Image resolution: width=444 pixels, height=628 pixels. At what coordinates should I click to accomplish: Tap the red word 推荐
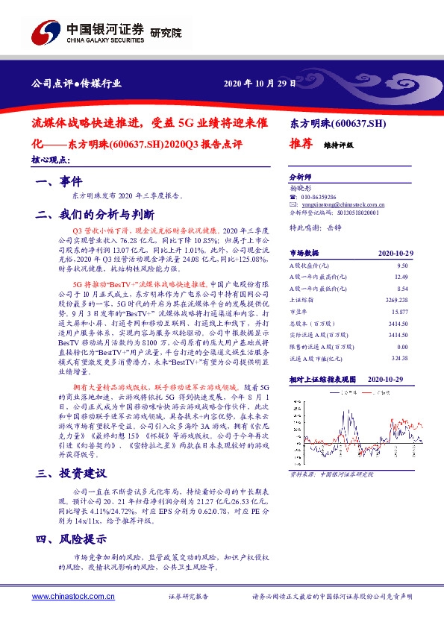click(300, 146)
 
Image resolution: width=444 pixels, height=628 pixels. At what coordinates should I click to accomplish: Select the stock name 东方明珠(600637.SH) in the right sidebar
click(337, 122)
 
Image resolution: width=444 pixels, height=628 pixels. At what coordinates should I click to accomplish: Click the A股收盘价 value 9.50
click(403, 266)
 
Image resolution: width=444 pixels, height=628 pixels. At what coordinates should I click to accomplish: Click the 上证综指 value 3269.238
click(397, 299)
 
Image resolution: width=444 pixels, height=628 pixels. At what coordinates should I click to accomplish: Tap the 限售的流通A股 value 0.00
click(403, 346)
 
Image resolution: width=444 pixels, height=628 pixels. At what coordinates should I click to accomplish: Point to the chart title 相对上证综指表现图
click(323, 380)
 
